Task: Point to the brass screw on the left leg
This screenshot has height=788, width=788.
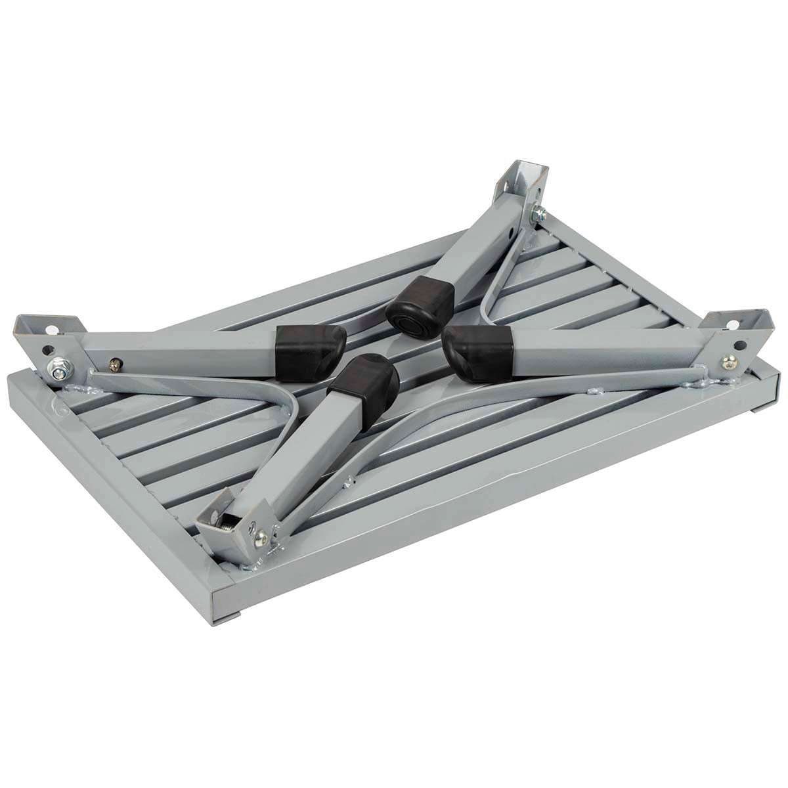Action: pyautogui.click(x=117, y=361)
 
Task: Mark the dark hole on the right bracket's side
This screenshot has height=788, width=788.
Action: pyautogui.click(x=740, y=345)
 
